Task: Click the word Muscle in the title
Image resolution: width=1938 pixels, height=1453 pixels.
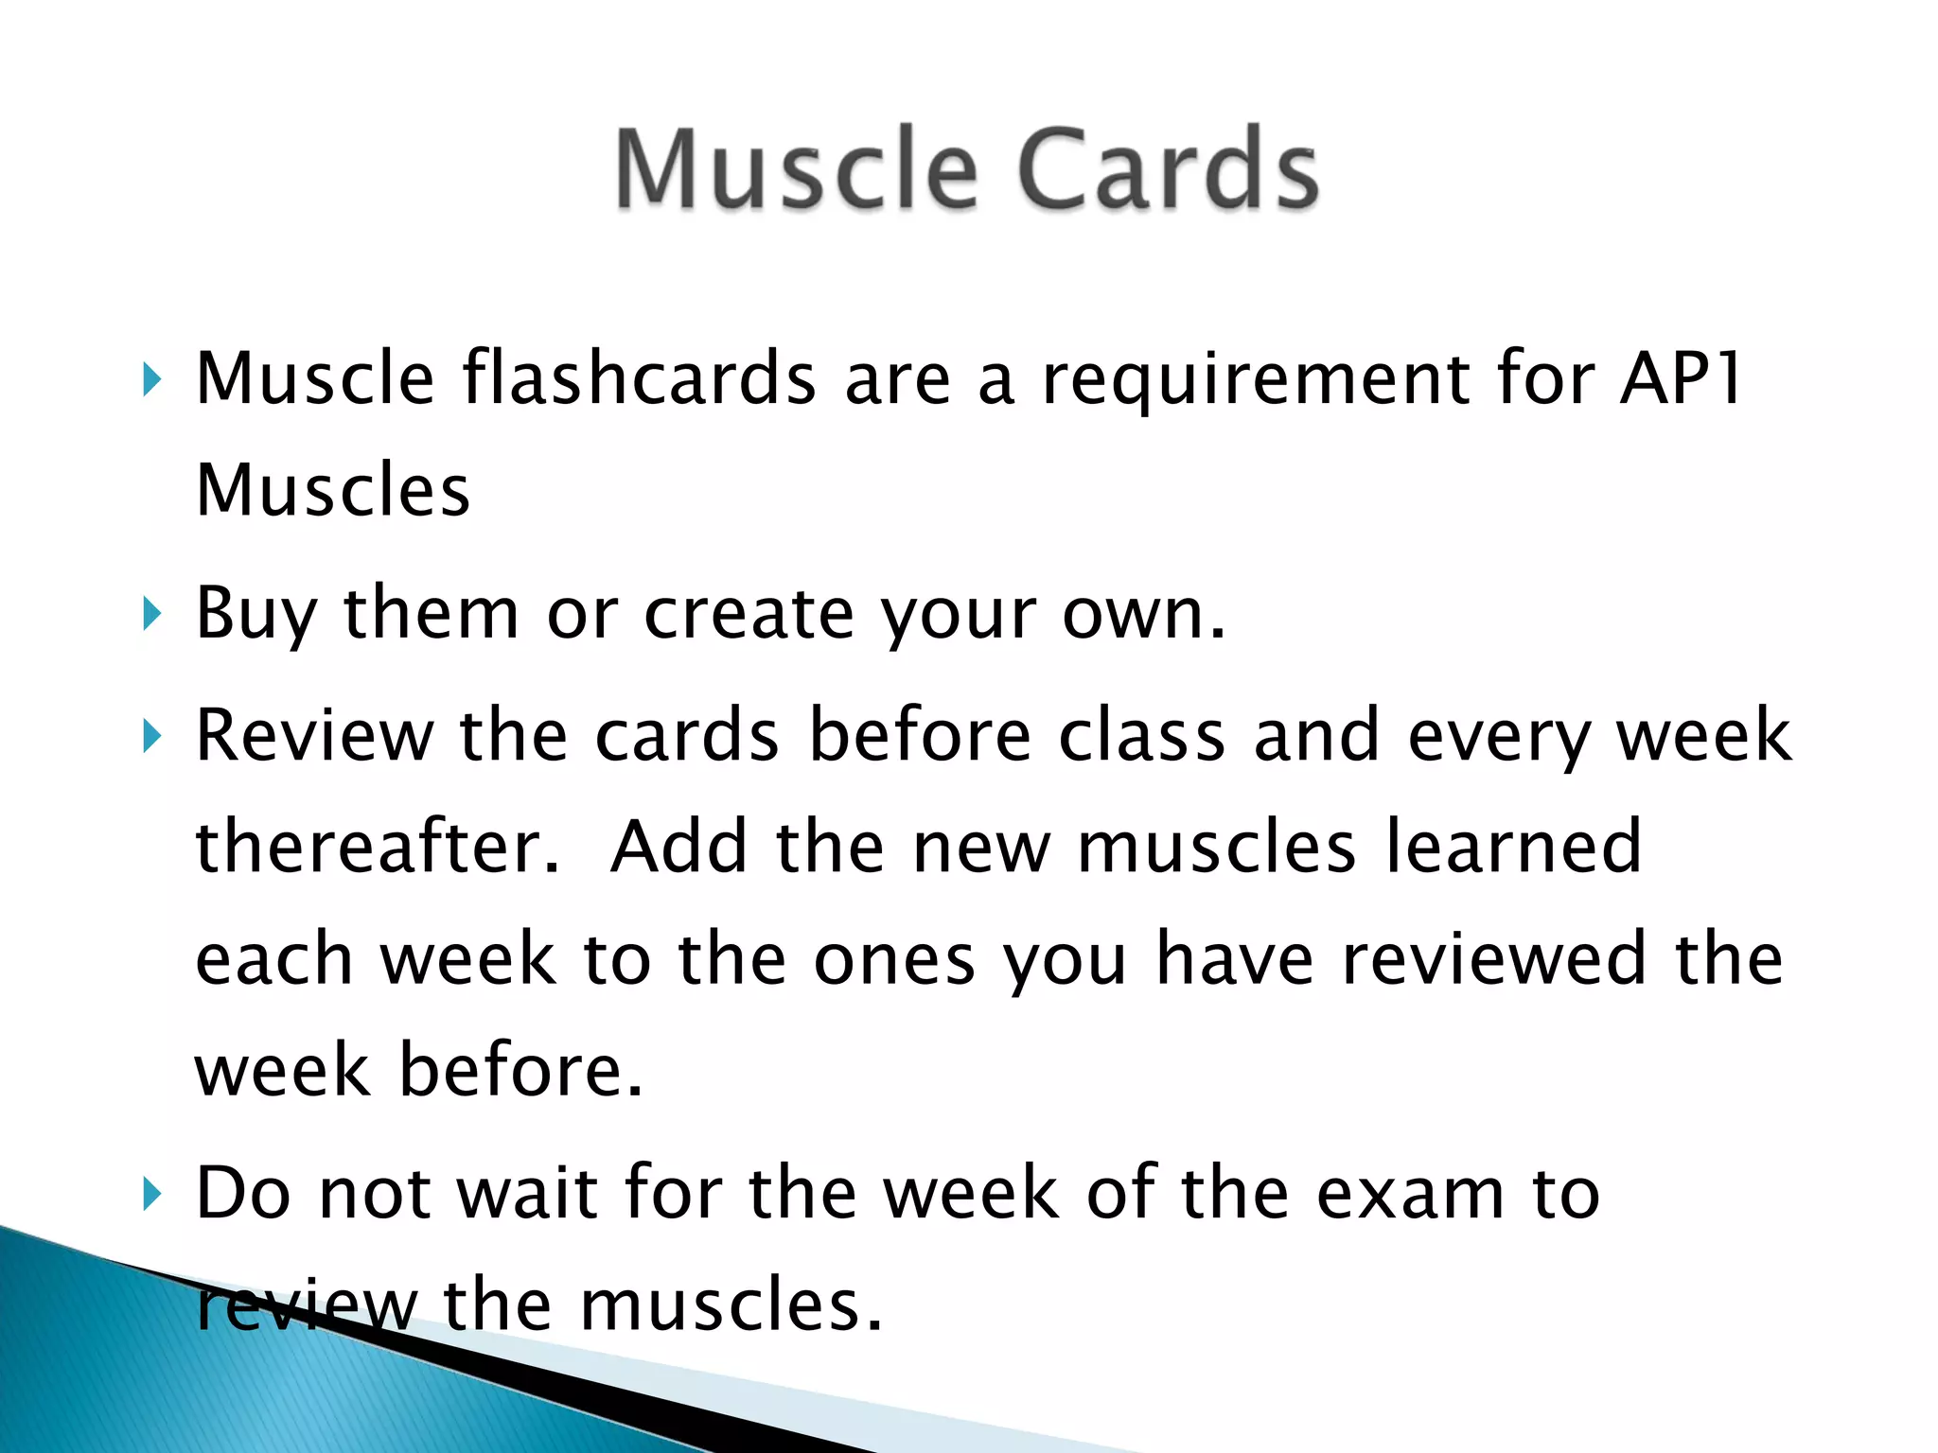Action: (x=796, y=170)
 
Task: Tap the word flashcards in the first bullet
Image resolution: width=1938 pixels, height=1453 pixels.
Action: (x=639, y=378)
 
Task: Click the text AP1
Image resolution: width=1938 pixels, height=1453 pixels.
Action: (x=1680, y=378)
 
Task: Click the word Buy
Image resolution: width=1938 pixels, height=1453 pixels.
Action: (x=255, y=615)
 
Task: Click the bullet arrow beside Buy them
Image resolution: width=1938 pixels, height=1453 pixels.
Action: (x=151, y=615)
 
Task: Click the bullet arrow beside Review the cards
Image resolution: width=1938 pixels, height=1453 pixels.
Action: (x=151, y=736)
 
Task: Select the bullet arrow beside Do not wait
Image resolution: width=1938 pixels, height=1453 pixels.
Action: (x=151, y=1194)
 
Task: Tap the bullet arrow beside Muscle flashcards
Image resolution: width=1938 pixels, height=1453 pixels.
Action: (x=151, y=380)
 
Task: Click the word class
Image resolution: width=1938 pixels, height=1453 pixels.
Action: (x=1141, y=735)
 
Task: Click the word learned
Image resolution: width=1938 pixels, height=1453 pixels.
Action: (x=1513, y=846)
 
